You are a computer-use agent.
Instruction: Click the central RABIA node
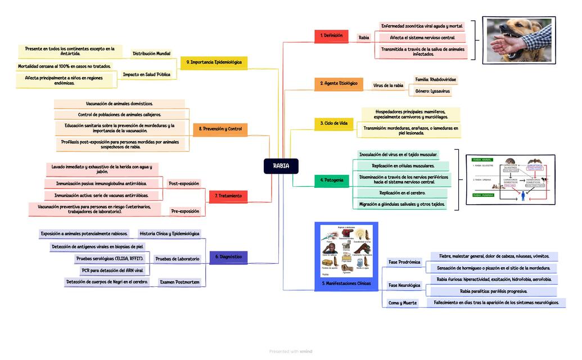coord(281,166)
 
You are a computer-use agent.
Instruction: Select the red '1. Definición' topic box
coord(331,36)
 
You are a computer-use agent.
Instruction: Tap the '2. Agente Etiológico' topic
coord(339,84)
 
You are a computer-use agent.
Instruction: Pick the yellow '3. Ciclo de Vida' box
coord(333,123)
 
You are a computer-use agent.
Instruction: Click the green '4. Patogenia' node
coord(331,181)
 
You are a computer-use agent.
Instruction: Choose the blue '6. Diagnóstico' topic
coord(228,257)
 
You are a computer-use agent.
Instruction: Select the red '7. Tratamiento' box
coord(228,196)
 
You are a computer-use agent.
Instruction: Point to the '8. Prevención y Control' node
coord(220,129)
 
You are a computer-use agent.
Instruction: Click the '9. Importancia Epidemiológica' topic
coord(214,62)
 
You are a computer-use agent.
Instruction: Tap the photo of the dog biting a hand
coord(518,40)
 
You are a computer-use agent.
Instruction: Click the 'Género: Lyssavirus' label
coord(432,91)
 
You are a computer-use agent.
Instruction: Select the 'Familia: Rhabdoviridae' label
coord(435,80)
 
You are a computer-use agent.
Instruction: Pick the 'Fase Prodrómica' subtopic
coord(404,262)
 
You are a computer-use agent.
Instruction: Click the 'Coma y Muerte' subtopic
coord(403,303)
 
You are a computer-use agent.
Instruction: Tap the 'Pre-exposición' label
coord(185,211)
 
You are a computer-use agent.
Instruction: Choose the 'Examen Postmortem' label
coord(179,282)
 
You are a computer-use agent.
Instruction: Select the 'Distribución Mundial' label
coord(151,54)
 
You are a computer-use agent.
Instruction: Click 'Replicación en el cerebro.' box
coord(402,193)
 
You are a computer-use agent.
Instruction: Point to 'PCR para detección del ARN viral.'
coord(112,271)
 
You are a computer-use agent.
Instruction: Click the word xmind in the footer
coord(306,352)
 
